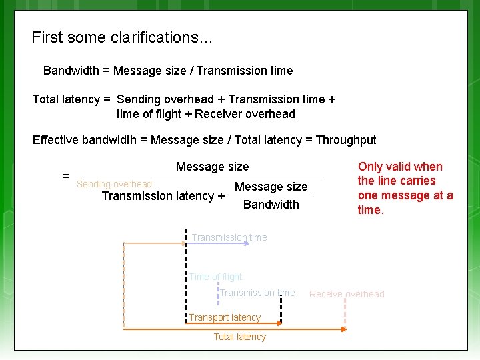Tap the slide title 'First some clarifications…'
coord(122,37)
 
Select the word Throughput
coord(345,140)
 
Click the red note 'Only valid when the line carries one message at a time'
coord(405,188)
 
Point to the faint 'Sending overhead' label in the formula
coord(114,184)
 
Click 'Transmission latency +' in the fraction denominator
coord(163,196)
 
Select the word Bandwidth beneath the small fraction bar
coord(271,204)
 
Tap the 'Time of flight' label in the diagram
coord(215,277)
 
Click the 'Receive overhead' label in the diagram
coord(347,294)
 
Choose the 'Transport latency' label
coord(225,317)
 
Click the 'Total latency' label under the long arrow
coord(239,337)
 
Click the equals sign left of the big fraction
coord(65,176)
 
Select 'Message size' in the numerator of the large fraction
coord(212,167)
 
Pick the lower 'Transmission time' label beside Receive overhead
coord(257,293)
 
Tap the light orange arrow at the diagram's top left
coord(153,244)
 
